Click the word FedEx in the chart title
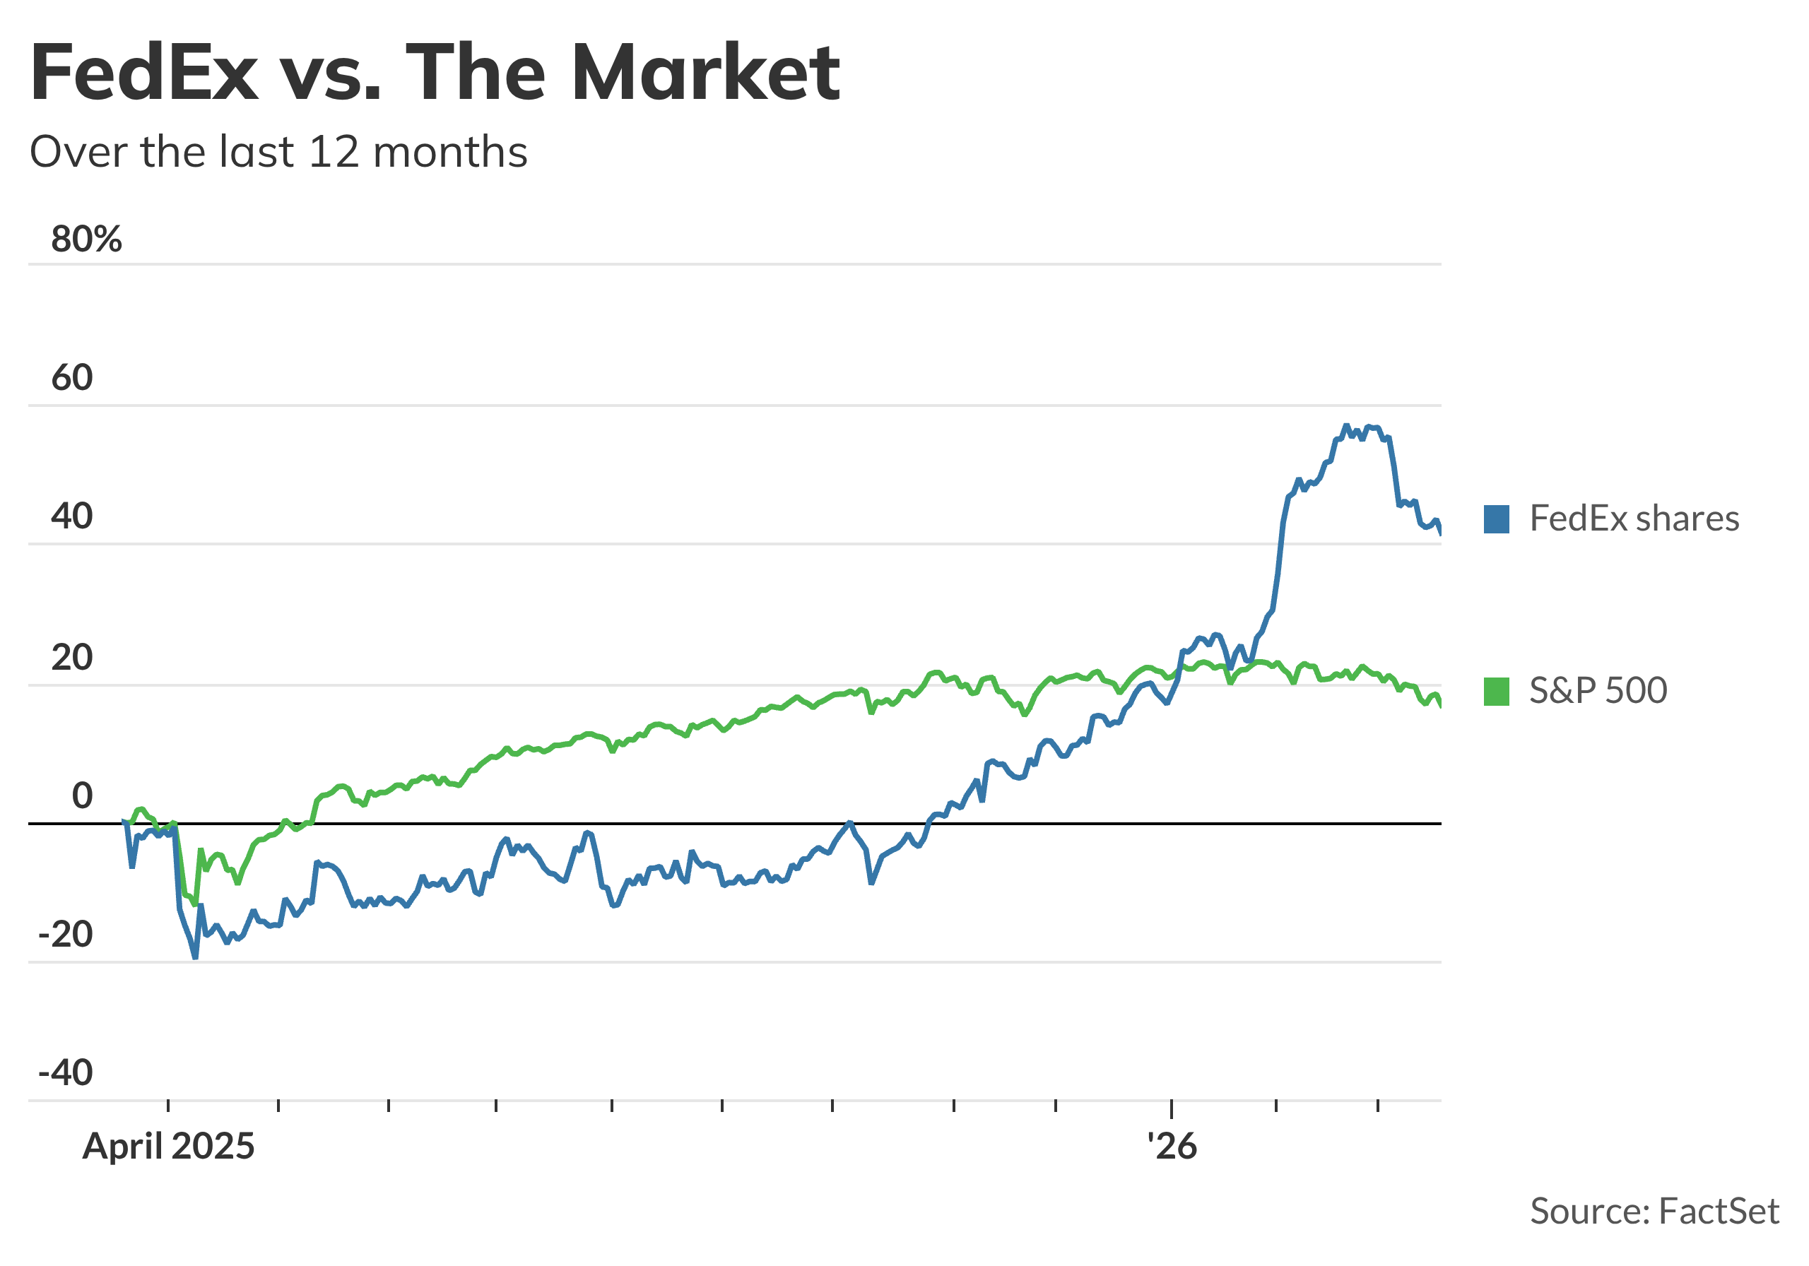pyautogui.click(x=144, y=73)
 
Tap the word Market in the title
pyautogui.click(x=705, y=73)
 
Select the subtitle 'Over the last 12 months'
pyautogui.click(x=278, y=151)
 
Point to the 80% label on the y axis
pyautogui.click(x=87, y=239)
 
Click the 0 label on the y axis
pyautogui.click(x=82, y=795)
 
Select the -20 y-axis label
pyautogui.click(x=66, y=935)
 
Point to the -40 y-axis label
pyautogui.click(x=66, y=1073)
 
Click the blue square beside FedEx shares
pyautogui.click(x=1496, y=520)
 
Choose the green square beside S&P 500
pyautogui.click(x=1496, y=692)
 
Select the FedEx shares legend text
pyautogui.click(x=1634, y=519)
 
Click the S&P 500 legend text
pyautogui.click(x=1598, y=690)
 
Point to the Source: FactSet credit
pyautogui.click(x=1654, y=1211)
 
